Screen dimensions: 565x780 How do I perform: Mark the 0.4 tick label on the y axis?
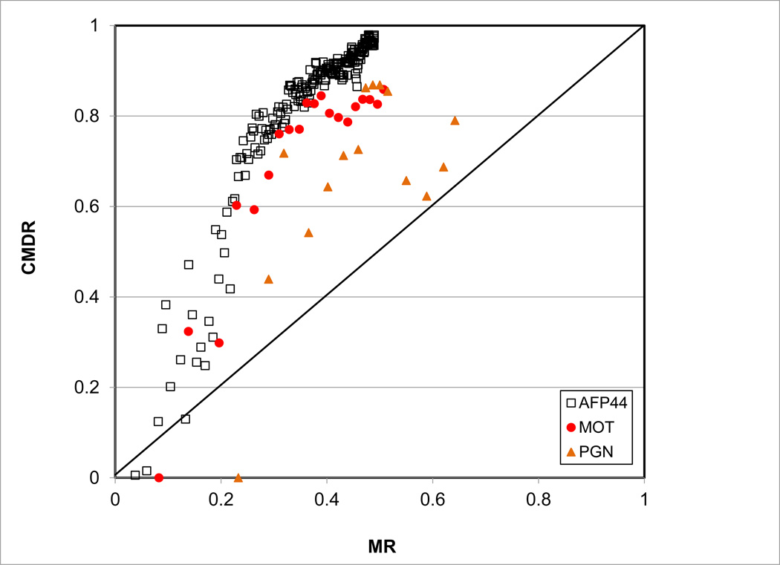95,297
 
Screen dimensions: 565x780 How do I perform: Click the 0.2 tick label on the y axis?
95,388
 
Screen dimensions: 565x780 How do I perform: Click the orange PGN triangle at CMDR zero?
238,477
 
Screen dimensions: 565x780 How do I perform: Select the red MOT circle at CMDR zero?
158,477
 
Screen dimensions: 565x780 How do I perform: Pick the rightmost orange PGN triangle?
455,120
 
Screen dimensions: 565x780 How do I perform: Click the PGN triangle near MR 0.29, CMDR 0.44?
268,279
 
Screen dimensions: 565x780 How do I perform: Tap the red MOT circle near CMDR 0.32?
188,331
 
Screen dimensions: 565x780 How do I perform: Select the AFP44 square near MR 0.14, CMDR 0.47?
189,264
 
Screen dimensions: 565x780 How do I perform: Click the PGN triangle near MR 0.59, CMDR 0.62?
426,196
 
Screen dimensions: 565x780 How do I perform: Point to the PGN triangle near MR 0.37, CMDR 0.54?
308,232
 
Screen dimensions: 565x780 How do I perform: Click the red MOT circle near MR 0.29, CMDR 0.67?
268,175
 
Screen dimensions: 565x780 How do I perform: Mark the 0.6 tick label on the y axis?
95,206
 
